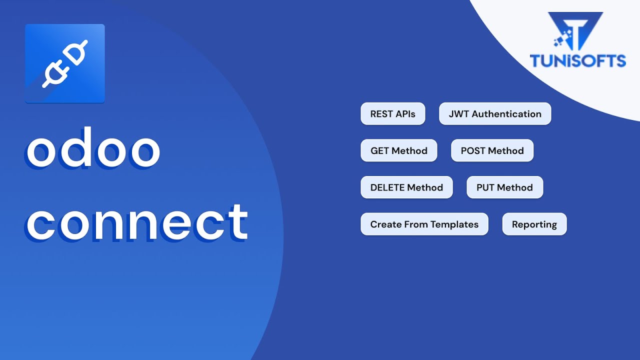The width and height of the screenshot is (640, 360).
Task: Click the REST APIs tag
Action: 392,114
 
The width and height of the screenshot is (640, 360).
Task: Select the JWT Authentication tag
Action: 495,114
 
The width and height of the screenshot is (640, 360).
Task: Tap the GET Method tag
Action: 398,150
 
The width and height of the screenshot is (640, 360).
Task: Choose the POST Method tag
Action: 492,150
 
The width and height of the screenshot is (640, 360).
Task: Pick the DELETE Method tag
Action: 406,187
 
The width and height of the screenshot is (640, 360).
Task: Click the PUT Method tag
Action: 504,187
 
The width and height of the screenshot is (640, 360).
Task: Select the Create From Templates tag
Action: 424,224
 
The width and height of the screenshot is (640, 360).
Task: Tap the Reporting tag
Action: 534,224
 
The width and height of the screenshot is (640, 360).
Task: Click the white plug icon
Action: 65,63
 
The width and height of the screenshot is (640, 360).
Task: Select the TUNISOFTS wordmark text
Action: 577,61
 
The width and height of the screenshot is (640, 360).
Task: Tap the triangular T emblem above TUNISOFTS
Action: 575,30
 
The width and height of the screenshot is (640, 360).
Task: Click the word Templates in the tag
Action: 455,224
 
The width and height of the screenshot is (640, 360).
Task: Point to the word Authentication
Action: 506,114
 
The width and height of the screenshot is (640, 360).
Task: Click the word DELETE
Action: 387,187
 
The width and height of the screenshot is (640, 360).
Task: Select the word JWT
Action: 458,114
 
